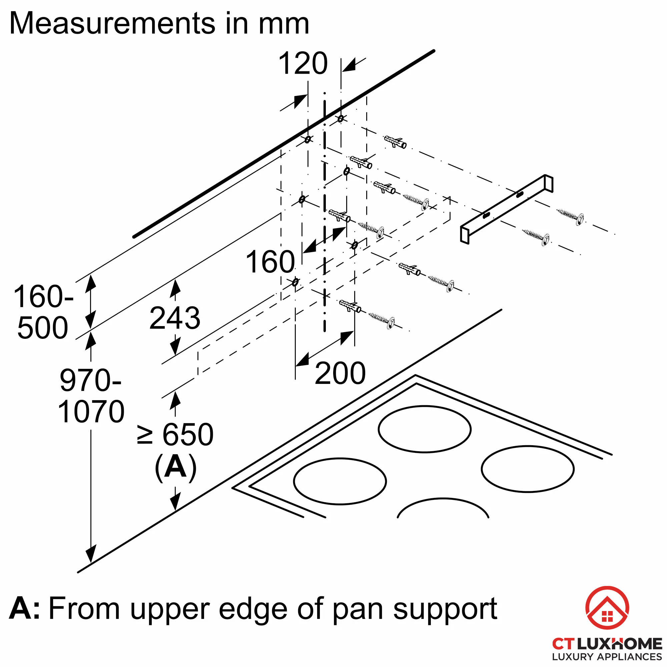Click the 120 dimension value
click(303, 63)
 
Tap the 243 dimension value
click(175, 318)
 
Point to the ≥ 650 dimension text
click(175, 435)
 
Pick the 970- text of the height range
click(90, 380)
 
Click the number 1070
click(91, 412)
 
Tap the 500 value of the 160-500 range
click(42, 327)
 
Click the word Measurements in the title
click(112, 23)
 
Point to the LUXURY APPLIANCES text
click(607, 657)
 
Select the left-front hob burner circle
click(340, 481)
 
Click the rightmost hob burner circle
click(528, 469)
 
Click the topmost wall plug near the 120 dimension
click(395, 141)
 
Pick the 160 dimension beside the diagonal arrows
click(270, 262)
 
